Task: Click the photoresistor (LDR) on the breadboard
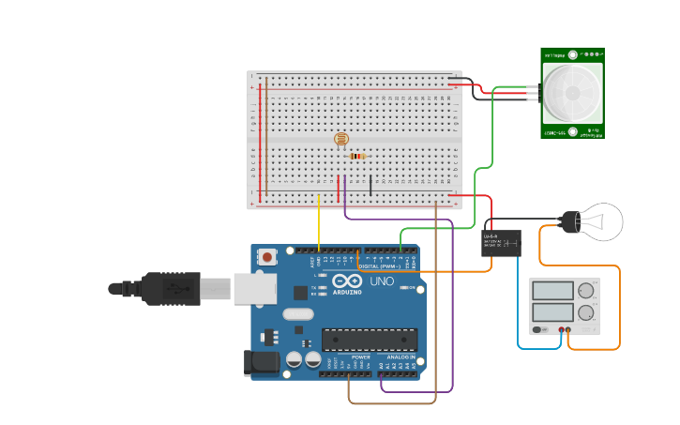[x=341, y=140]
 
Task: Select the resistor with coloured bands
[x=356, y=157]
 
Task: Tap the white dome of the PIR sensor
[x=571, y=92]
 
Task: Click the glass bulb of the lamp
[x=602, y=222]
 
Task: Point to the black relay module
[x=501, y=243]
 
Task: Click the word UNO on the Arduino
[x=382, y=281]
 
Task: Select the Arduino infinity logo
[x=347, y=281]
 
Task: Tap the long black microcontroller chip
[x=369, y=340]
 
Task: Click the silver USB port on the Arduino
[x=254, y=289]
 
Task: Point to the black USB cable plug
[x=169, y=289]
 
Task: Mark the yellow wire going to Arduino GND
[x=319, y=225]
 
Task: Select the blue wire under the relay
[x=519, y=310]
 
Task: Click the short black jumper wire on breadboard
[x=370, y=185]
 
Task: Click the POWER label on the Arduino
[x=361, y=357]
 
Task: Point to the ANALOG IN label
[x=400, y=357]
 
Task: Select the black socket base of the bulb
[x=569, y=222]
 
